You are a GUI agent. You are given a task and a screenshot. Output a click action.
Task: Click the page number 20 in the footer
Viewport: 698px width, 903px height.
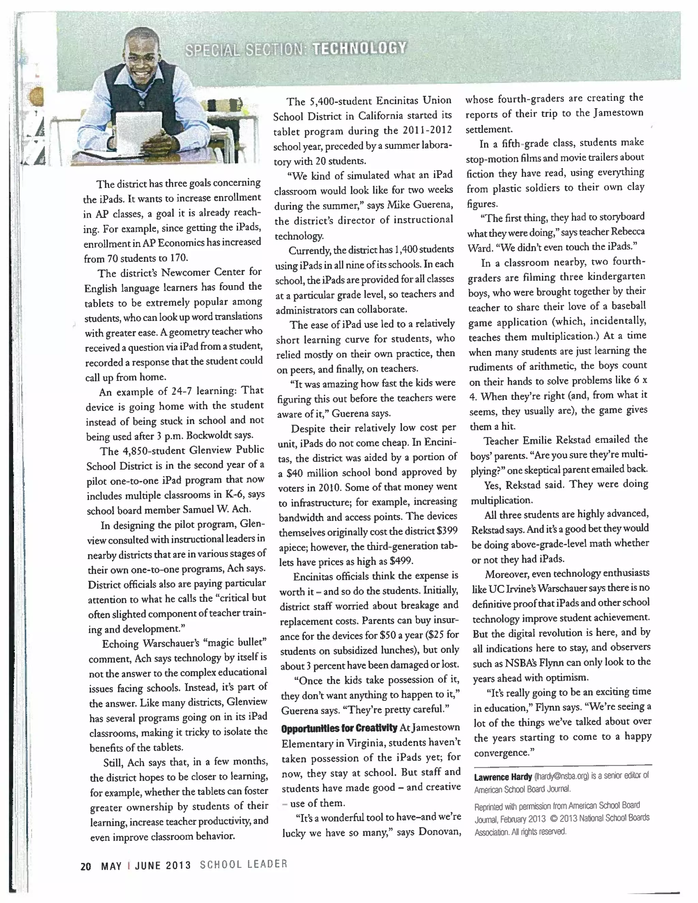[86, 866]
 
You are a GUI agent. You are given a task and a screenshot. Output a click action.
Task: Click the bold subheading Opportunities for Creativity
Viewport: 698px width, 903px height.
[339, 728]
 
